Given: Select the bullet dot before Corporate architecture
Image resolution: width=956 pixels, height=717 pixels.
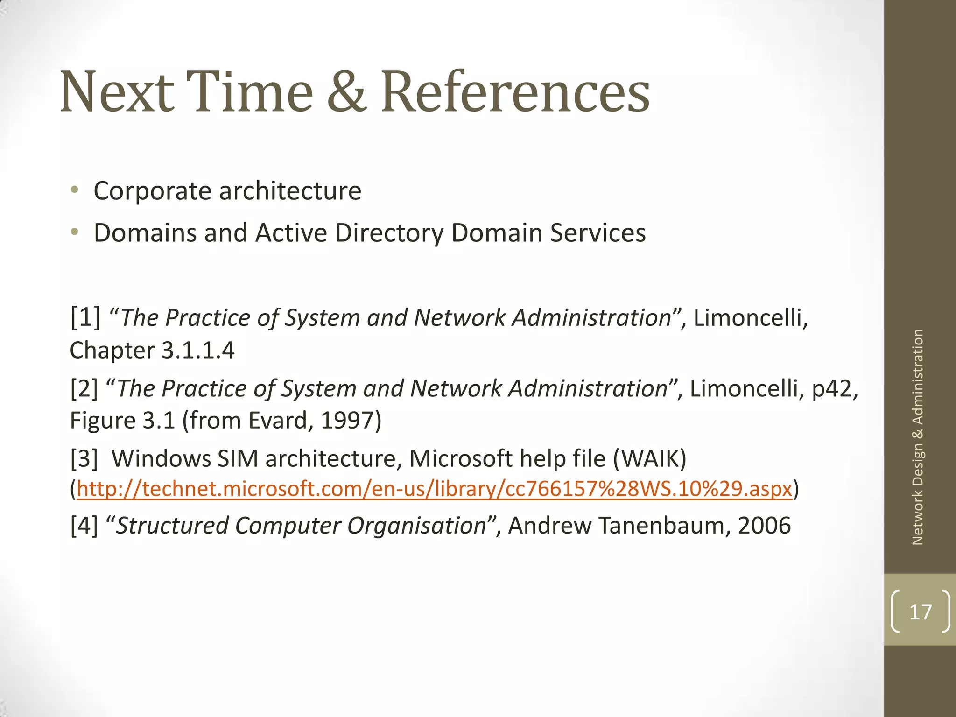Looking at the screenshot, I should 75,190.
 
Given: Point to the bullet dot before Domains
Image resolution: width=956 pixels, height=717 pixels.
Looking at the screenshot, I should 75,232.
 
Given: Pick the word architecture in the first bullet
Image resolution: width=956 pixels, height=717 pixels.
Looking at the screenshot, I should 290,191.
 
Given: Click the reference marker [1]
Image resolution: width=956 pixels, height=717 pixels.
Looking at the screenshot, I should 85,317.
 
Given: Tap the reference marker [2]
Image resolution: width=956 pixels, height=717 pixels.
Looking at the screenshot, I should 84,388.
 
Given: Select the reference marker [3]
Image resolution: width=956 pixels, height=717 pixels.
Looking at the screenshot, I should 84,458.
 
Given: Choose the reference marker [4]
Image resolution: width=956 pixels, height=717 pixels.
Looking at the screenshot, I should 84,526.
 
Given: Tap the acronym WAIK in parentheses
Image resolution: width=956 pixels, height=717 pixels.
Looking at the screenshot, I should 649,458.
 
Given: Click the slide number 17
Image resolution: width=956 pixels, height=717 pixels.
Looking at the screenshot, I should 920,612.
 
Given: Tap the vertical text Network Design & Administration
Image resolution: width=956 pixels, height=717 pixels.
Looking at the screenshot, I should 918,437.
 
